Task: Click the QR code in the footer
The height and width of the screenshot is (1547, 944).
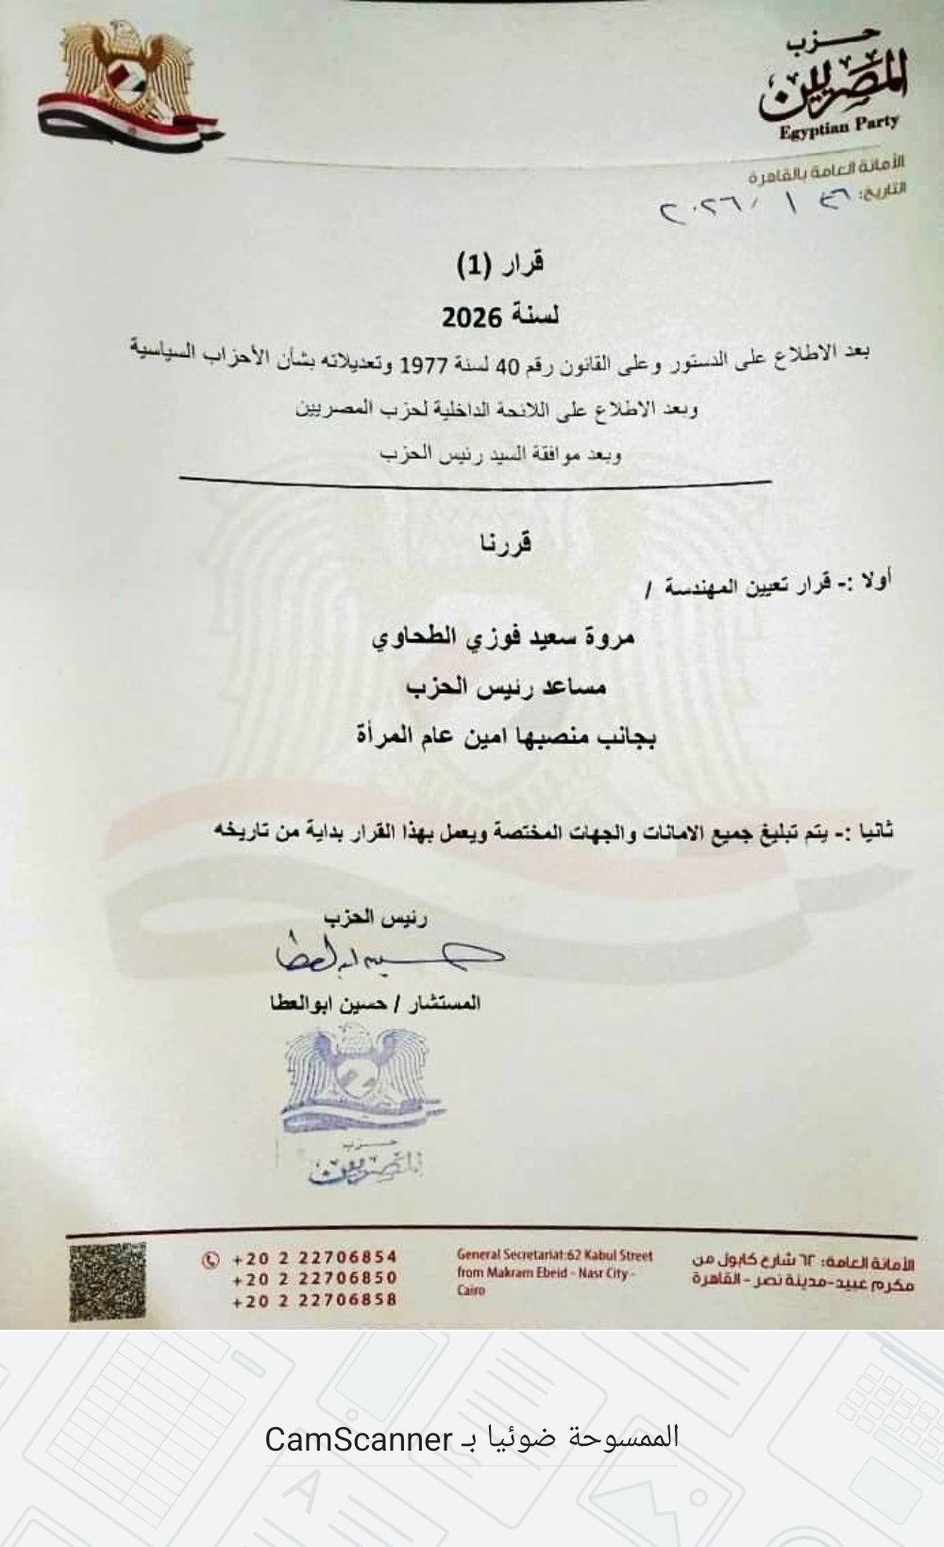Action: [108, 1281]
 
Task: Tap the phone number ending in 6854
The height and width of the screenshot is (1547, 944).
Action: [314, 1257]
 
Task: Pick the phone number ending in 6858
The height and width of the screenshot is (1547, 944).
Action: [314, 1300]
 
